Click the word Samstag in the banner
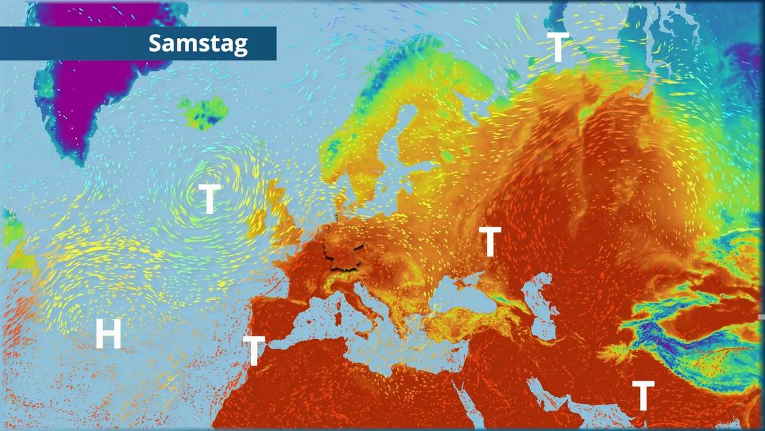[x=198, y=44]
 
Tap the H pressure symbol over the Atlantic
[x=108, y=334]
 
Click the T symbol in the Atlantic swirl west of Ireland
[x=209, y=199]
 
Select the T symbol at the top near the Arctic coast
[x=558, y=47]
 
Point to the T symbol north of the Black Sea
[x=490, y=241]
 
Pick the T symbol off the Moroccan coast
[x=254, y=350]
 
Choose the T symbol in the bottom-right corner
[x=643, y=395]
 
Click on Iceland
[x=203, y=112]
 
